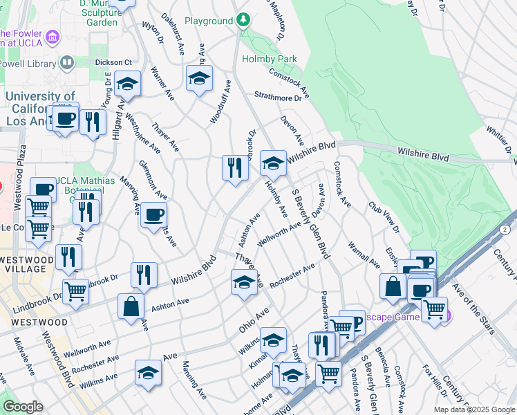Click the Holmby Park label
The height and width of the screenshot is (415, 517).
pos(270,59)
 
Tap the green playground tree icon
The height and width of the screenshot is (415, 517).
pos(243,21)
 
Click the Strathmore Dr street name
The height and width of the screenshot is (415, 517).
pos(278,97)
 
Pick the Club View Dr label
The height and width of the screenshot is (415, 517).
pos(384,217)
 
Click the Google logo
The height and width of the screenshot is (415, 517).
pos(23,407)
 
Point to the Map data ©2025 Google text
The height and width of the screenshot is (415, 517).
pos(473,409)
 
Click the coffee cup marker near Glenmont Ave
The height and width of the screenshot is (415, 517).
pos(153,214)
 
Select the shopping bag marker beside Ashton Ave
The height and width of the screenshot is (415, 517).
pos(130,306)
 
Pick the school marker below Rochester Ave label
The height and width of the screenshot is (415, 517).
pos(243,283)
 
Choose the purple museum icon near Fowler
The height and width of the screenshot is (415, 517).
pos(50,35)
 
